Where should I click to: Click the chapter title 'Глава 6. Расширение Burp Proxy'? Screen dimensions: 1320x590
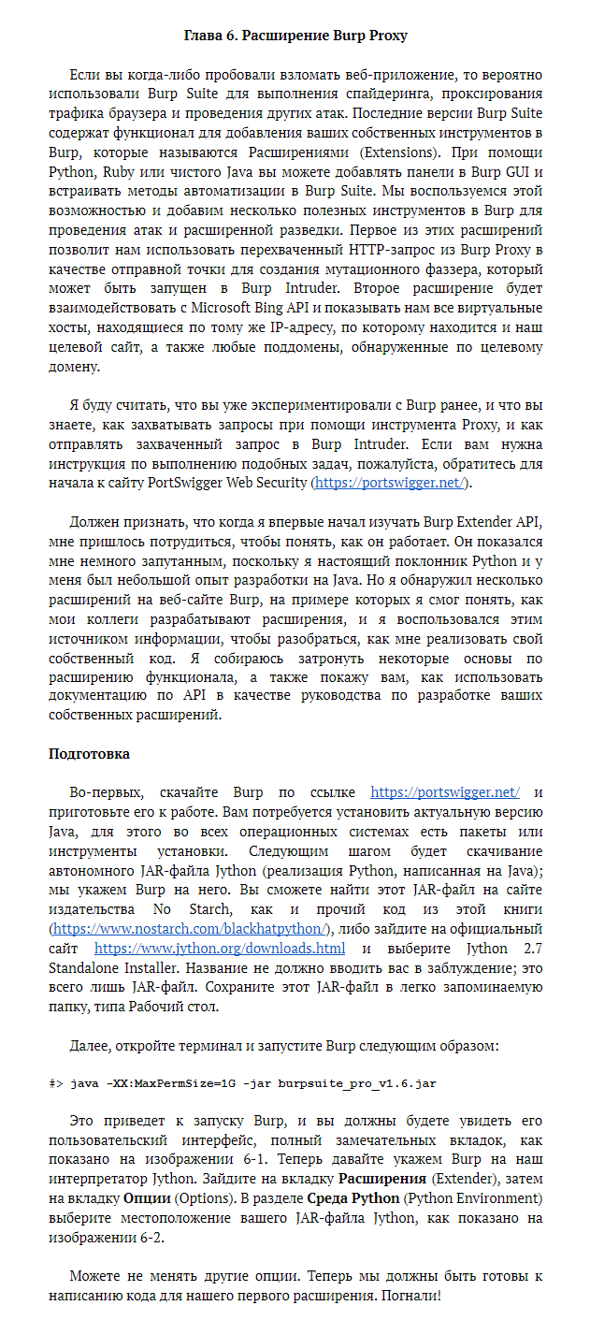coord(295,36)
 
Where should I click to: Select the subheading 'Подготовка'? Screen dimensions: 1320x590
coord(89,753)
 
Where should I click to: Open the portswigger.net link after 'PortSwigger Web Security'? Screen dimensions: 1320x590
coord(389,483)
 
